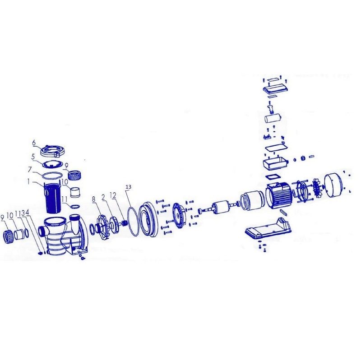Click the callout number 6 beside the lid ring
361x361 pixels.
(34, 143)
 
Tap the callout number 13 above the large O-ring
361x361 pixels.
(129, 187)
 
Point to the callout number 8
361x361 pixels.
(93, 199)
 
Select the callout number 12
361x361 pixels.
(113, 195)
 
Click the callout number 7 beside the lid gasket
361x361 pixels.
(32, 157)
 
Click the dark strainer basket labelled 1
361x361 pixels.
(52, 198)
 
